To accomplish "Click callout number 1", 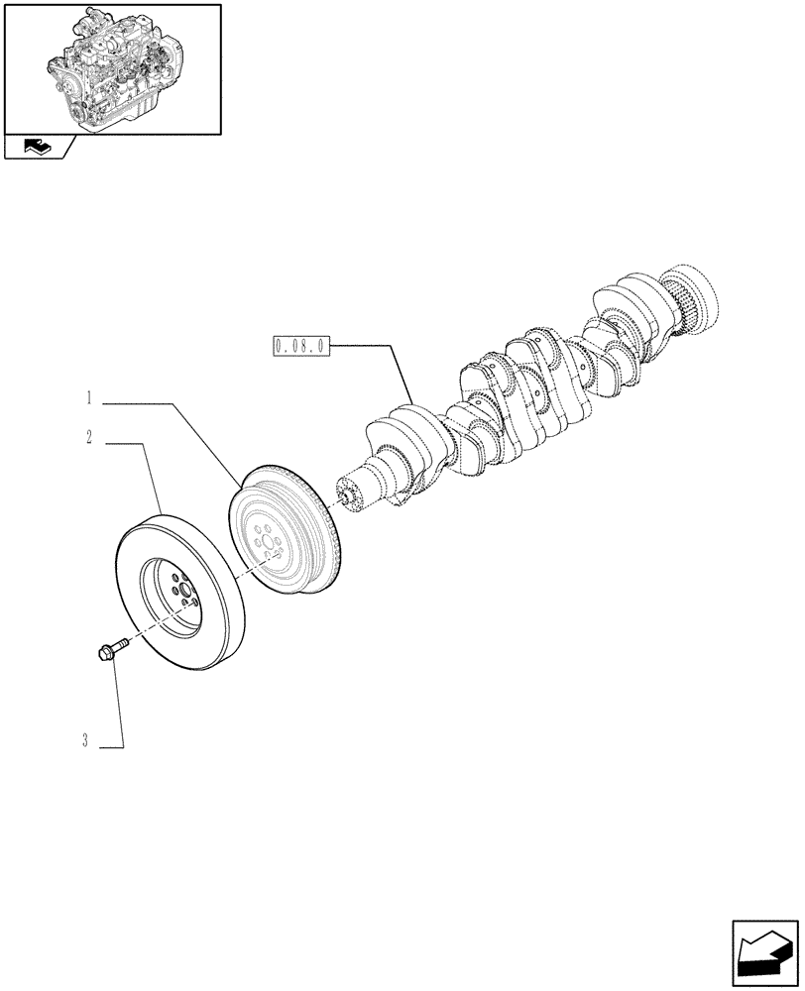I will tap(88, 400).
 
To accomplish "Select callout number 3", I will tap(86, 740).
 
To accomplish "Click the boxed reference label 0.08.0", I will tap(301, 347).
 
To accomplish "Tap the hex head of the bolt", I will tap(103, 653).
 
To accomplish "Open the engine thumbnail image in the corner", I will tap(111, 67).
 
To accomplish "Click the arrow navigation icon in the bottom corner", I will tap(764, 953).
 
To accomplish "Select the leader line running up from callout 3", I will tap(118, 704).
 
